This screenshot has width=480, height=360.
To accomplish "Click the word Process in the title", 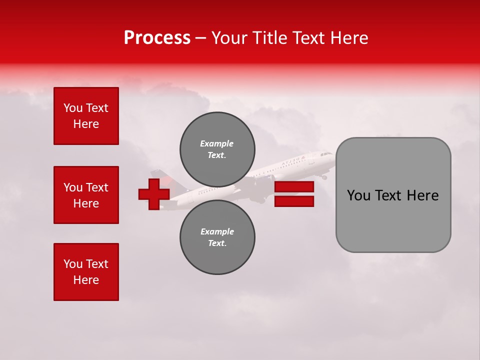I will (x=157, y=38).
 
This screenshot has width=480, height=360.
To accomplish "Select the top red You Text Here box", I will (x=86, y=116).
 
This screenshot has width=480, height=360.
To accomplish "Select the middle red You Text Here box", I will (x=86, y=195).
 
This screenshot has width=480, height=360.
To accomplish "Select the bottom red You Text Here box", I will (x=86, y=272).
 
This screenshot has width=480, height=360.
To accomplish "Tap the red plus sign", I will (x=153, y=194).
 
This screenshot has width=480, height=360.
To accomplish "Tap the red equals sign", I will (x=294, y=194).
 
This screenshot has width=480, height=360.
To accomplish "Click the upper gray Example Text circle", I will (x=217, y=149).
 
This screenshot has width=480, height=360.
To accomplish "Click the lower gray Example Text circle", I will (x=217, y=237).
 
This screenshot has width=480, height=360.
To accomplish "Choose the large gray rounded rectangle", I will (x=393, y=194).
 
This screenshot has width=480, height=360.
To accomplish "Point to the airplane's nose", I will (x=333, y=155).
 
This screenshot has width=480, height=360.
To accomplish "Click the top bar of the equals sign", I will (x=294, y=187).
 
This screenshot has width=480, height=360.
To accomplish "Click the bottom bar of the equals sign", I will (x=294, y=201).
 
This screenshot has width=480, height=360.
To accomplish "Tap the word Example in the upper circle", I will (x=217, y=143).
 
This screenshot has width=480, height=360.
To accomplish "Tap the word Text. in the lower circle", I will (x=217, y=243).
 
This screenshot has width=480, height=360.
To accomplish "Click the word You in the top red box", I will (x=72, y=108).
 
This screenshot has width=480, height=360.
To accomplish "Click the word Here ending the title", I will (x=349, y=38).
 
